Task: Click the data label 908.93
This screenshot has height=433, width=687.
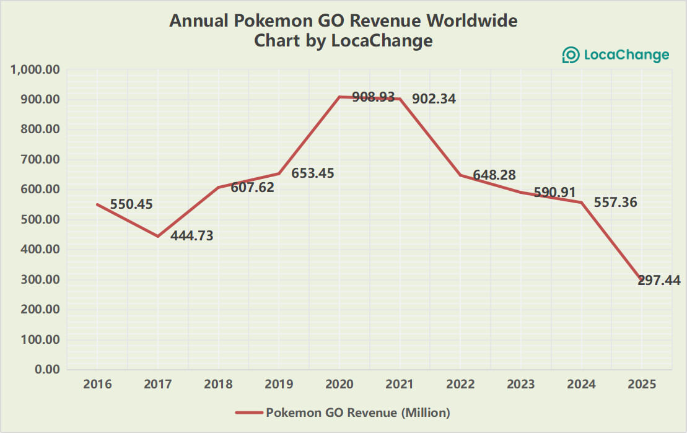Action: pos(373,97)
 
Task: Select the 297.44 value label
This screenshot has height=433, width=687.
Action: pos(659,281)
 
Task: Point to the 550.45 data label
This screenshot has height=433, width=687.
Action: pos(131,204)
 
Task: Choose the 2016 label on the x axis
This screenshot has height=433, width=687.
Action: pos(97,384)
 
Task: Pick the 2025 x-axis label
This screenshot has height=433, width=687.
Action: pos(642,384)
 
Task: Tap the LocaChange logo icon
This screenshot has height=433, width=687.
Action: pos(570,55)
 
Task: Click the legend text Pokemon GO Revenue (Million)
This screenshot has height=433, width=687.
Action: pos(357,412)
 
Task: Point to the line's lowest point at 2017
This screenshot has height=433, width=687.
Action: pos(158,236)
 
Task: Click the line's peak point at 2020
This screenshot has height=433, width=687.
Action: pos(339,97)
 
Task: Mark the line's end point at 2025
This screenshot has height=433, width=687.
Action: pos(641,281)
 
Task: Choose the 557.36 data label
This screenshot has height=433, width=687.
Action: pos(615,203)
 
